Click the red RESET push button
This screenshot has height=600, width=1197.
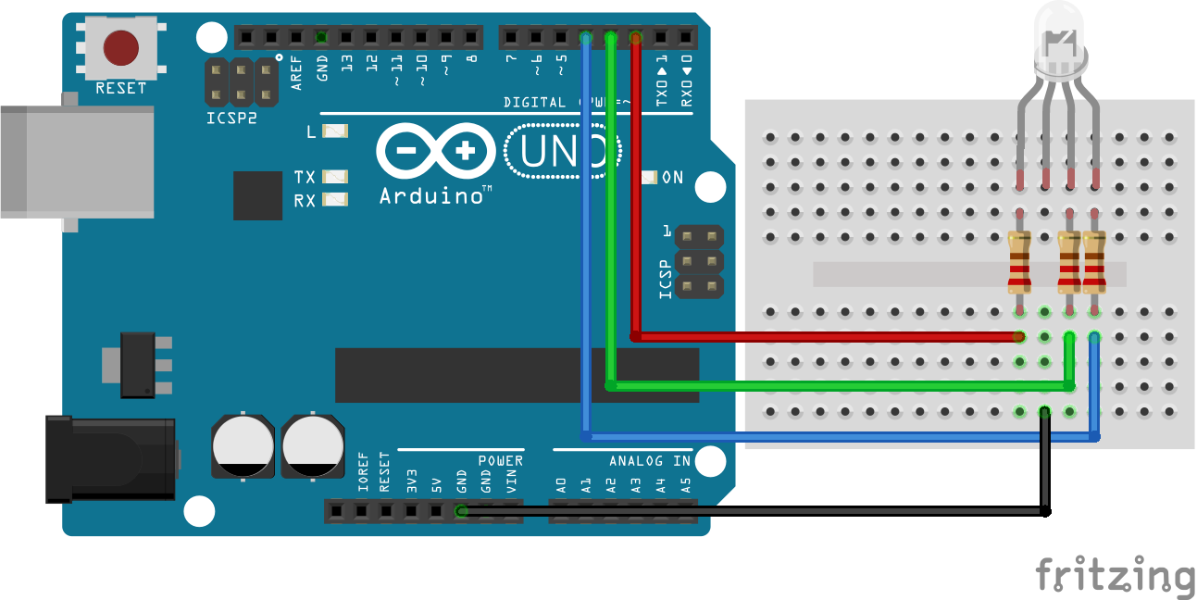tap(120, 49)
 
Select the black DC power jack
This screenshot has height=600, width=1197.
tap(111, 459)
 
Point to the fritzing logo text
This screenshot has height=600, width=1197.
tap(1115, 575)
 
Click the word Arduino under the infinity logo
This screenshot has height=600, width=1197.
tap(430, 195)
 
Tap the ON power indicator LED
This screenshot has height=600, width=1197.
tap(649, 177)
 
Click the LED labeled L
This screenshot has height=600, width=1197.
tap(335, 131)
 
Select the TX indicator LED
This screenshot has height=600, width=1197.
tap(335, 176)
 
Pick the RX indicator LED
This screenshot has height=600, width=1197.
tap(335, 199)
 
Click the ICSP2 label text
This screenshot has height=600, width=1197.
tap(231, 119)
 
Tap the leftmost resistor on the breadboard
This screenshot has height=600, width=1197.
tap(1019, 262)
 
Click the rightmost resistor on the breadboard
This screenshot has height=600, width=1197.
tap(1094, 262)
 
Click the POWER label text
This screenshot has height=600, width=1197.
tap(501, 460)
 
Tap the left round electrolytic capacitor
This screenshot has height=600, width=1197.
tap(243, 445)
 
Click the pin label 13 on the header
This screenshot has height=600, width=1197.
tap(346, 64)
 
